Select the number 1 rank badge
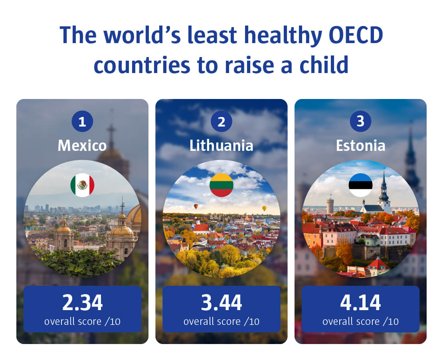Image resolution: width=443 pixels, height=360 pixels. (82, 121)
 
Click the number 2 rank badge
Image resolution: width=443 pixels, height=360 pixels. (221, 121)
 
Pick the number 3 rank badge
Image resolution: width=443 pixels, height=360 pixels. (360, 121)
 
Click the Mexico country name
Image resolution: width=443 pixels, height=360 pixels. (82, 146)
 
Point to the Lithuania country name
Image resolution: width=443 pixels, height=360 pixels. (221, 146)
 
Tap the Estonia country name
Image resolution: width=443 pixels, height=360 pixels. (360, 146)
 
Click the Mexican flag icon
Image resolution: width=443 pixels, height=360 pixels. (83, 185)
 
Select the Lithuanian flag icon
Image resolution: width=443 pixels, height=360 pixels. (221, 185)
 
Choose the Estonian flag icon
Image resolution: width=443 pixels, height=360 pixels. (360, 185)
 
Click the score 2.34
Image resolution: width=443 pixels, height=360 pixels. (82, 303)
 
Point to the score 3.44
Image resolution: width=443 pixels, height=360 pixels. (221, 303)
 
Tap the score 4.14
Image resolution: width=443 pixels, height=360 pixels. (360, 303)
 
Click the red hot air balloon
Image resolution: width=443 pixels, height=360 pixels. (196, 206)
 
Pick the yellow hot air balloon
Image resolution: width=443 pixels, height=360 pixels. (264, 209)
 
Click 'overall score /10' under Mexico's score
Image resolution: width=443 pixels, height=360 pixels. (82, 322)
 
